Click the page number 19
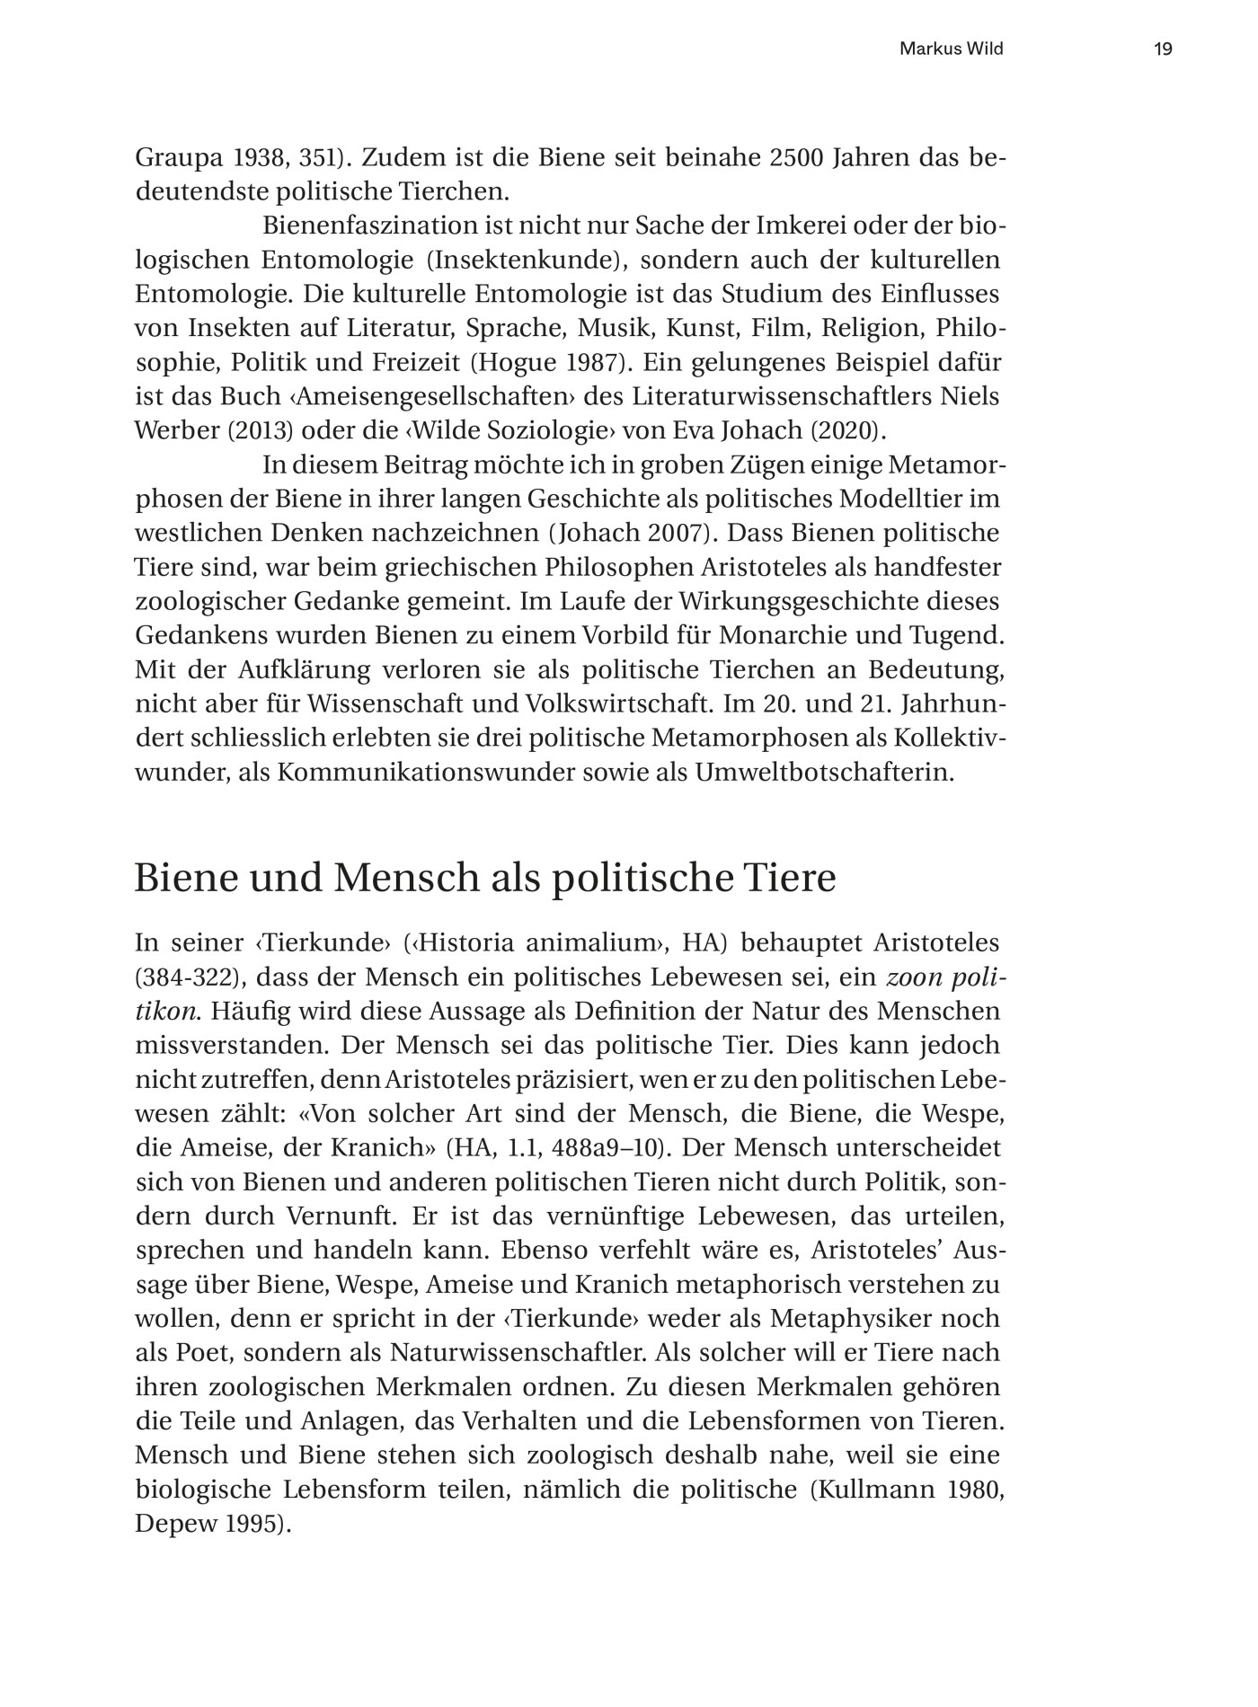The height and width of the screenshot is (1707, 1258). click(x=1163, y=49)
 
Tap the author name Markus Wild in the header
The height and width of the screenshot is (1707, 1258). click(x=951, y=49)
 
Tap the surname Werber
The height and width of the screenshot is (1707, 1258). click(x=177, y=431)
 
